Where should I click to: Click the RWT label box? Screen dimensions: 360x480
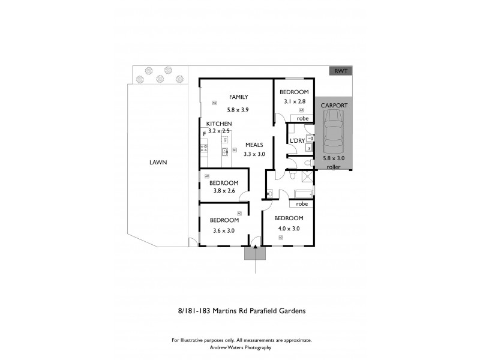pos(341,71)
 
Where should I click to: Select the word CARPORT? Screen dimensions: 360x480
pos(334,105)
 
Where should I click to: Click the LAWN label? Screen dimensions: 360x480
pos(158,162)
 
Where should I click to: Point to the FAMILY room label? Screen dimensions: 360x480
pos(238,97)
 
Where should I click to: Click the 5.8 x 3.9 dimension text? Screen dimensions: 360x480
pos(238,110)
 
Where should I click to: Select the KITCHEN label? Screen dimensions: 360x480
pos(219,124)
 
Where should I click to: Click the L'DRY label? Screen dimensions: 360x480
pos(297,141)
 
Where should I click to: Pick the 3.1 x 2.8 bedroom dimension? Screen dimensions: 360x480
pos(294,102)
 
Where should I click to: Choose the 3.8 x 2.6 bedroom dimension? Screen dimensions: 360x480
pos(224,191)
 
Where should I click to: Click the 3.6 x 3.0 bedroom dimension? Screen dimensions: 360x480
pos(224,230)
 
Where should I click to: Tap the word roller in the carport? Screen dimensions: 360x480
pos(334,167)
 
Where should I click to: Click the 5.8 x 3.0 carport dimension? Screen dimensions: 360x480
pos(334,158)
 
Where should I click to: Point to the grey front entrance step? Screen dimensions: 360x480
pos(255,254)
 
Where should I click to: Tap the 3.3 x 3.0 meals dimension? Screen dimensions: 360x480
pos(254,154)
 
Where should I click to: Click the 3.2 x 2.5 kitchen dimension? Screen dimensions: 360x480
pos(219,131)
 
